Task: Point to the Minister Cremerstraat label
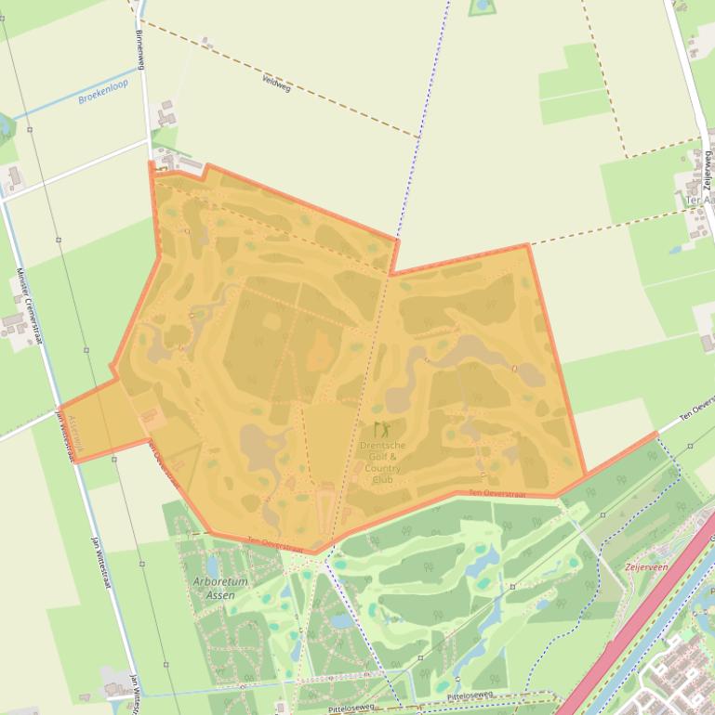[31, 306]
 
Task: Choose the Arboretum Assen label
[220, 588]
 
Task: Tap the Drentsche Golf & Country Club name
[382, 461]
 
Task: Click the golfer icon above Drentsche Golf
[381, 430]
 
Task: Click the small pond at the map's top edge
[482, 6]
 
